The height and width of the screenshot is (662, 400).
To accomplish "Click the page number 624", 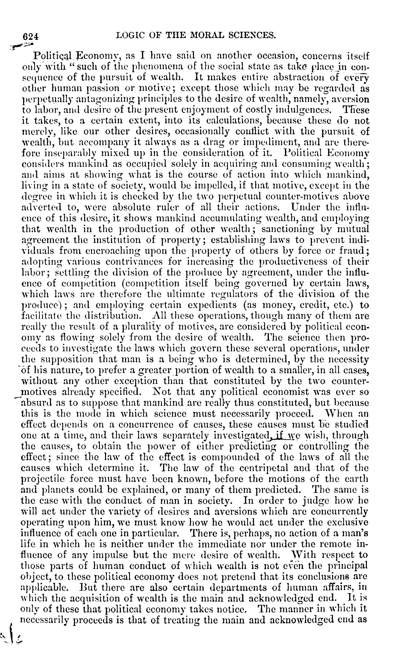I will tap(31, 36).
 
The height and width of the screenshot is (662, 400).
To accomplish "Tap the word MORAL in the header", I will tap(208, 35).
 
